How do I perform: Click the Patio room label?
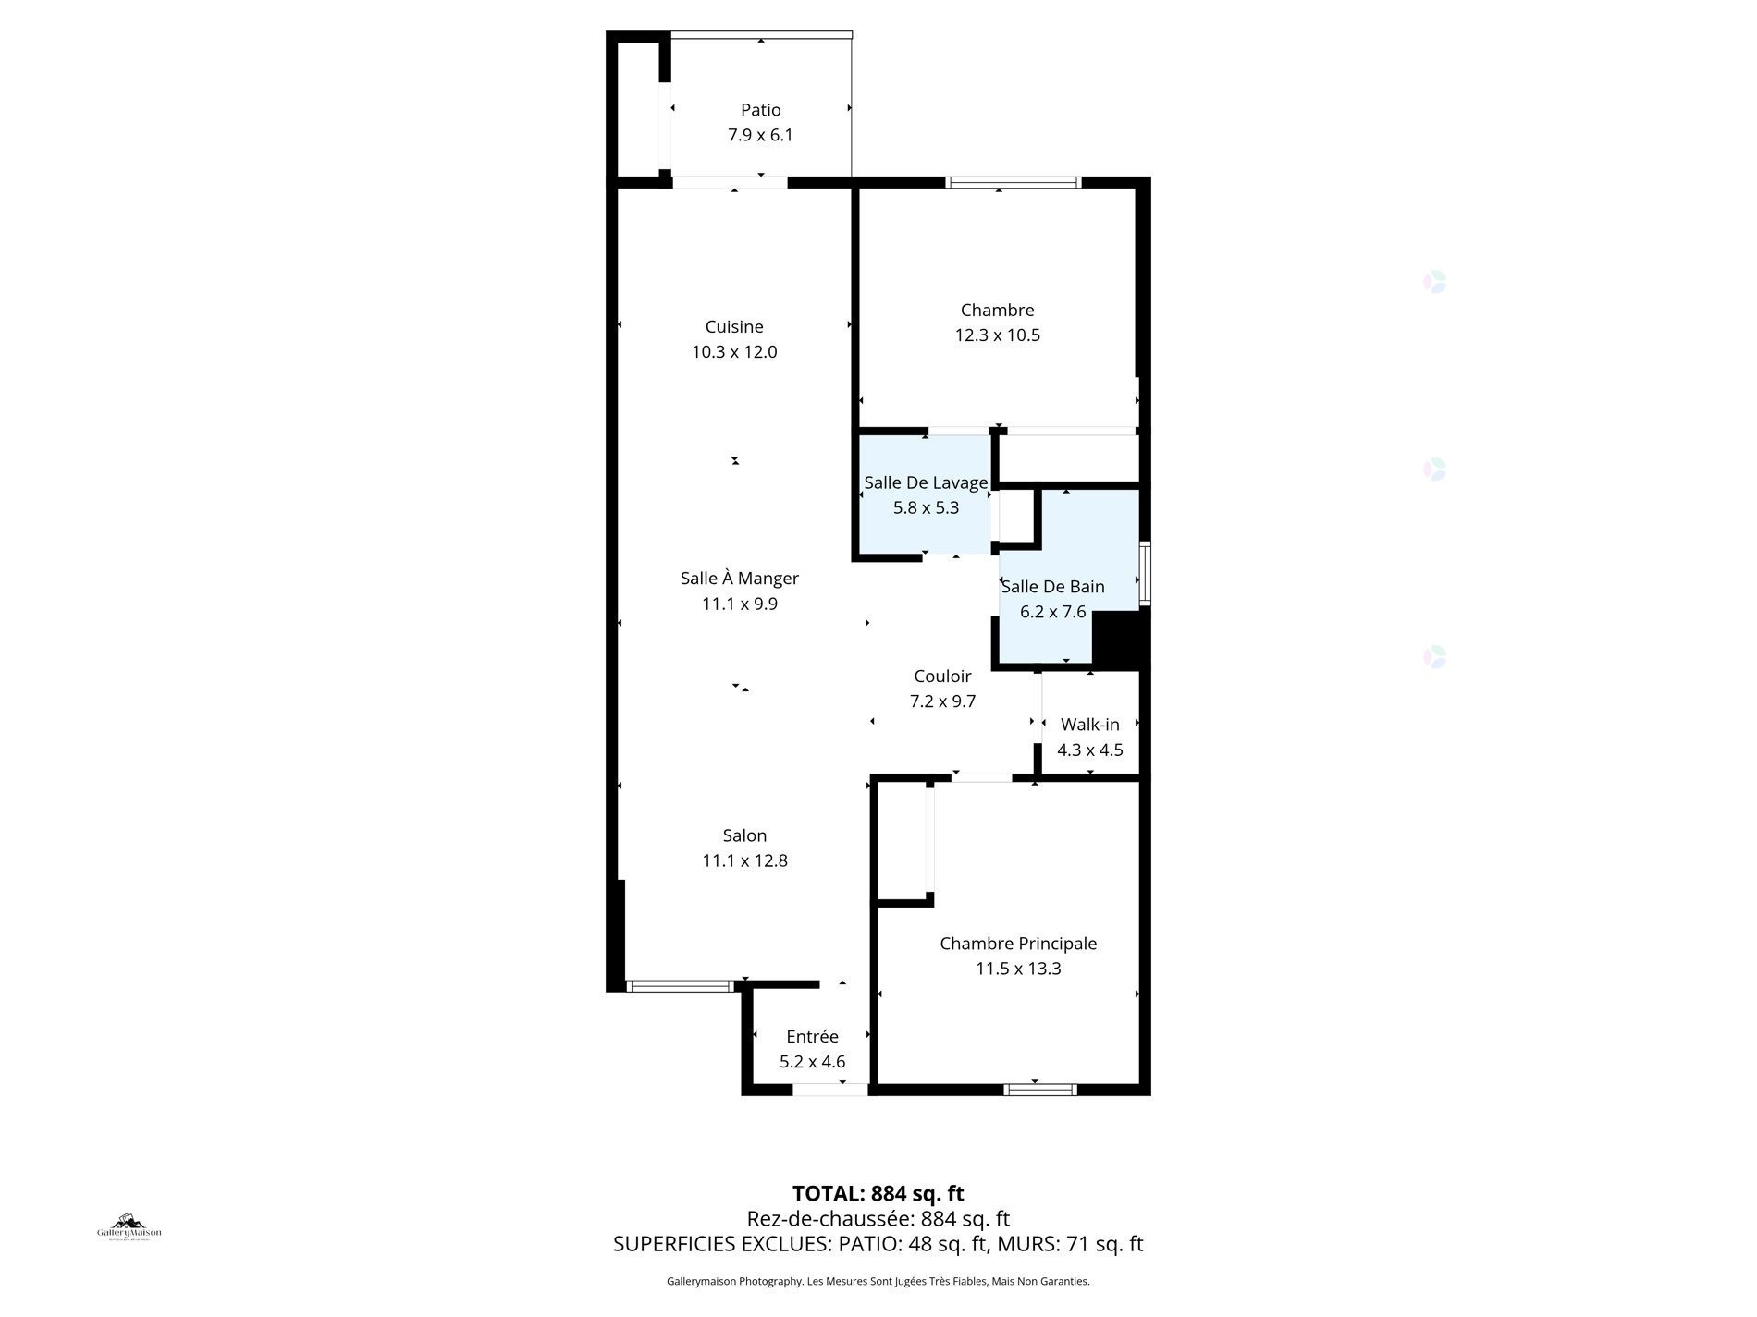click(760, 110)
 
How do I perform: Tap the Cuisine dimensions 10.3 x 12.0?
click(734, 352)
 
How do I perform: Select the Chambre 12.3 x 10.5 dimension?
click(997, 335)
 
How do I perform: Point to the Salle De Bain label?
click(1052, 587)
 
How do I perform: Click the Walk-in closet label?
click(1089, 725)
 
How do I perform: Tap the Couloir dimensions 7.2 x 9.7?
click(942, 701)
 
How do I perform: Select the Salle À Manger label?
click(739, 579)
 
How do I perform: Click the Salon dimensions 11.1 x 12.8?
click(744, 861)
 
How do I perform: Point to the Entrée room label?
click(812, 1037)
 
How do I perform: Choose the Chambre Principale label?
click(1018, 944)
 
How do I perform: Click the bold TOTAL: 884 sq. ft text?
click(878, 1193)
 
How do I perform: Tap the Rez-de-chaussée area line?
click(878, 1219)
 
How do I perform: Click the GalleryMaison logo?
click(129, 1226)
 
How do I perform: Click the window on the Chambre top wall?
click(1013, 182)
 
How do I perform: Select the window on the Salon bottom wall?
click(681, 986)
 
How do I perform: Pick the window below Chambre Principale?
click(1040, 1090)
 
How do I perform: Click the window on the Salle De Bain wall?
click(1145, 573)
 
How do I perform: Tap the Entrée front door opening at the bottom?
click(830, 1091)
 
